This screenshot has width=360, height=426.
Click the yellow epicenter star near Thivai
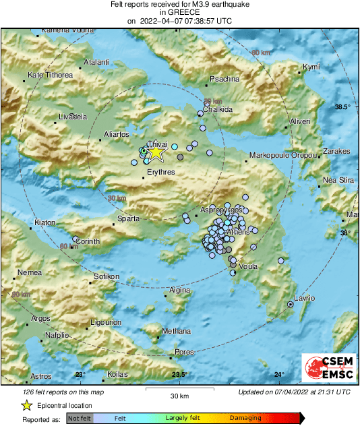[156, 152]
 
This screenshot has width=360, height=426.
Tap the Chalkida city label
[218, 109]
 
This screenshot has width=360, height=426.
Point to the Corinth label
[87, 241]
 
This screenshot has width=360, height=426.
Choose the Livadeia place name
[73, 117]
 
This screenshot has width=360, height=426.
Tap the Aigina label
[179, 290]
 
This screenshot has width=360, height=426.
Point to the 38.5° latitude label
[344, 107]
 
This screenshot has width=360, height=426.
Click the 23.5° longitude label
[179, 375]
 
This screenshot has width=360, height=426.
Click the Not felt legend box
[80, 418]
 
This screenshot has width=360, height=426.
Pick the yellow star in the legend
[26, 405]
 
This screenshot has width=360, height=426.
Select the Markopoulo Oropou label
[283, 156]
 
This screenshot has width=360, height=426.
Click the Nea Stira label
[338, 180]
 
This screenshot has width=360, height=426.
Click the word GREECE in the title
[179, 12]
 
